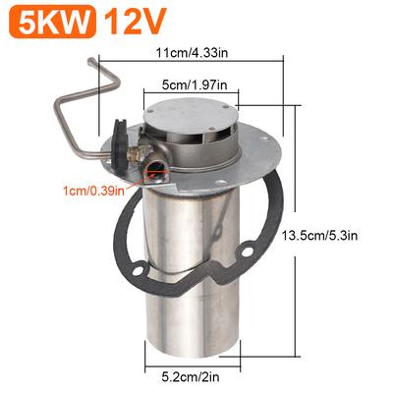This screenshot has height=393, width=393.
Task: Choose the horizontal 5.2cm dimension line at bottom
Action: click(196, 359)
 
